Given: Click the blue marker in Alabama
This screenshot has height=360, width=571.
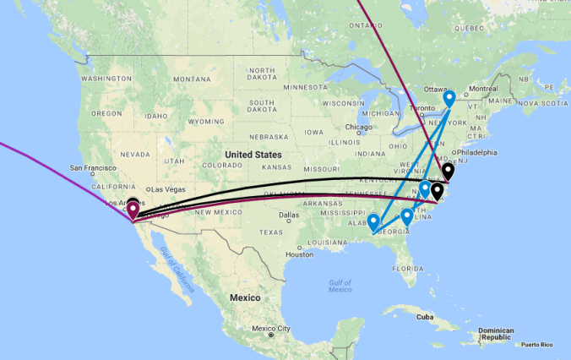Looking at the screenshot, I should click(x=373, y=222).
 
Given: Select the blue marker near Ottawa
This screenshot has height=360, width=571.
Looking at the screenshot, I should click(x=449, y=97).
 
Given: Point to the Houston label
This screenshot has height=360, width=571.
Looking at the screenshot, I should click(x=300, y=254).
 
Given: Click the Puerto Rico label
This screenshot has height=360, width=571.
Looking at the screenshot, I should click(x=541, y=344).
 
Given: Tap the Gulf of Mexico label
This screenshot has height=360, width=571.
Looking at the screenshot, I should click(x=340, y=286).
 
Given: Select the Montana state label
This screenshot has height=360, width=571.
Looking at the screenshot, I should click(x=192, y=79).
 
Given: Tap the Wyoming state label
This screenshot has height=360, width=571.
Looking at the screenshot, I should click(x=205, y=121).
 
